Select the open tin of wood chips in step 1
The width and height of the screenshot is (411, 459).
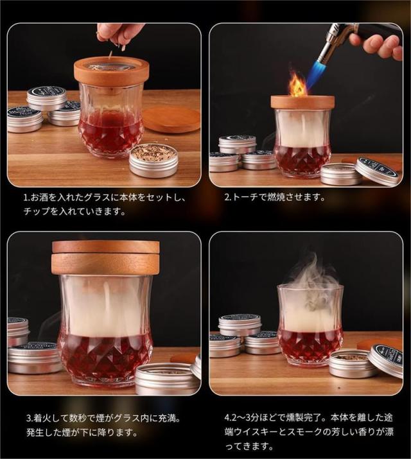[153, 162]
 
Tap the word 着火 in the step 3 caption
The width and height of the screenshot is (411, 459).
[45, 418]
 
